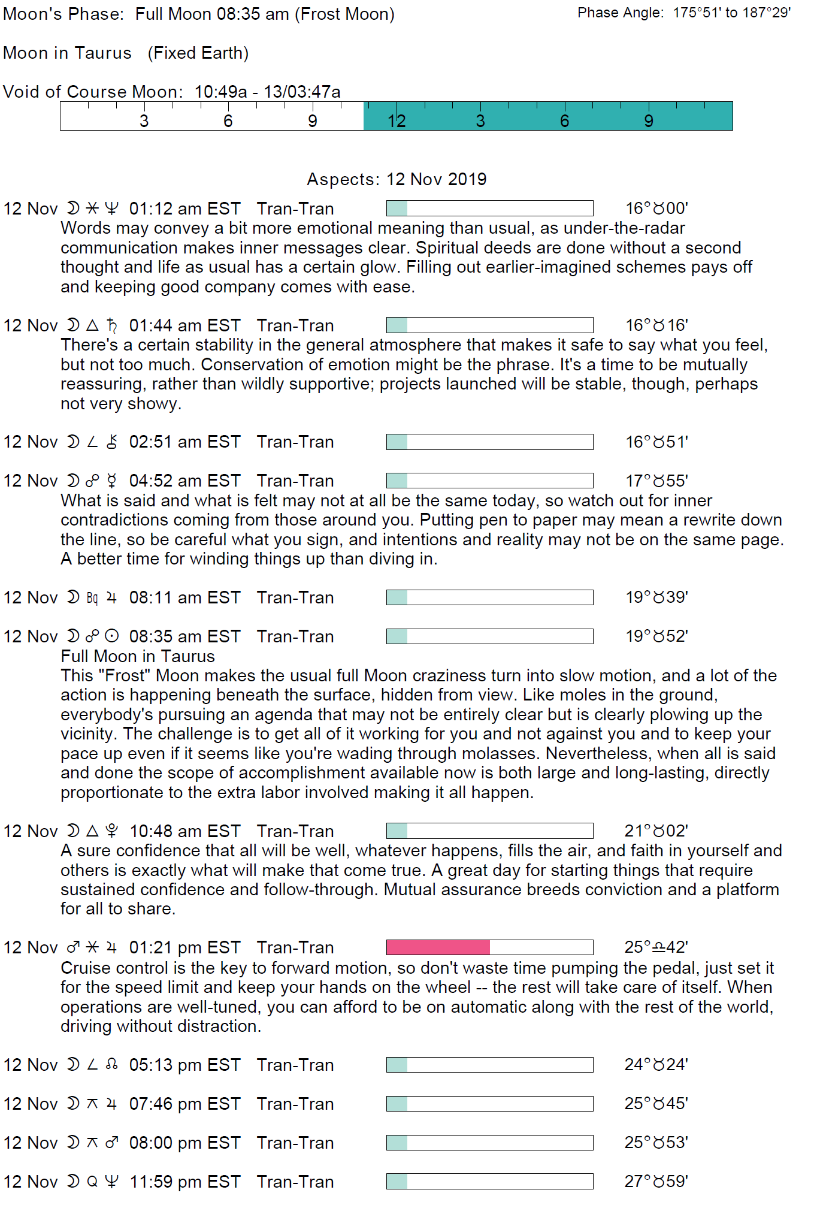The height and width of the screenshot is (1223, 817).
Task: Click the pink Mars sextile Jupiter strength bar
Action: click(x=438, y=947)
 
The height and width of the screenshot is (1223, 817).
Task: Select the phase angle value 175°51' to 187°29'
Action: click(x=731, y=13)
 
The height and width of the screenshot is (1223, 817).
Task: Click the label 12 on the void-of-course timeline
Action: click(x=397, y=121)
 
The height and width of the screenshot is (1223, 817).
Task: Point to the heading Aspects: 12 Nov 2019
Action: click(x=397, y=179)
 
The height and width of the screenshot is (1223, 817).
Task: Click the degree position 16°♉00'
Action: click(x=656, y=209)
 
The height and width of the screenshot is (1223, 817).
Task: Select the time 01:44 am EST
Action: click(x=184, y=325)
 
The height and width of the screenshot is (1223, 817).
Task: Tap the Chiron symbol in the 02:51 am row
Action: click(x=111, y=442)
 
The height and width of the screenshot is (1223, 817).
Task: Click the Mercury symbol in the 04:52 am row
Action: click(x=111, y=481)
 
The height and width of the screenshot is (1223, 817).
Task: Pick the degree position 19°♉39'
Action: click(x=656, y=597)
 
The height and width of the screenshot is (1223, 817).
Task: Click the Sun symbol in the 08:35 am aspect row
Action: click(x=111, y=636)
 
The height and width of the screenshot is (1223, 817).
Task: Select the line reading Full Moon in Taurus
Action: click(x=138, y=656)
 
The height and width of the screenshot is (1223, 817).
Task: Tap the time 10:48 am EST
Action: click(x=184, y=831)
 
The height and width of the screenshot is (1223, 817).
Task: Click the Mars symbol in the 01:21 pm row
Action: click(x=73, y=947)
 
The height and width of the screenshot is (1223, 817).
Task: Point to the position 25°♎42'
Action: click(x=656, y=947)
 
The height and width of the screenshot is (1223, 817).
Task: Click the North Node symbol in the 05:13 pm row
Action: click(x=111, y=1065)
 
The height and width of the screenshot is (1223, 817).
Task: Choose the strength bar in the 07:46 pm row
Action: click(x=489, y=1104)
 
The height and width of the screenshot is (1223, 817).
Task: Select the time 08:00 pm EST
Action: click(x=184, y=1143)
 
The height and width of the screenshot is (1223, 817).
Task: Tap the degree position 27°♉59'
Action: click(x=656, y=1182)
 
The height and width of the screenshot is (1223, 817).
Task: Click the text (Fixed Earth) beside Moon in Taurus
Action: click(x=198, y=53)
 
